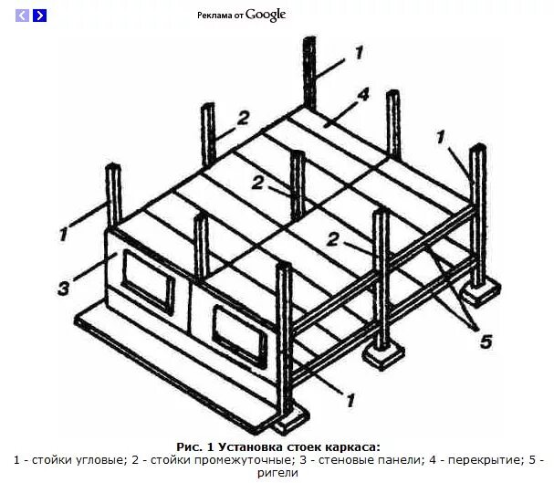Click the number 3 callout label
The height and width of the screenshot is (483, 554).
[x=63, y=289]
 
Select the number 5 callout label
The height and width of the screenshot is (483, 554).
[x=486, y=341]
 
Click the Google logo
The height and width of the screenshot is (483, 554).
[x=266, y=15]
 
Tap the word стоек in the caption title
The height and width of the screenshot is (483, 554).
[x=306, y=446]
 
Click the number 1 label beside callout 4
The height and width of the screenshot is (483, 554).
[x=359, y=52]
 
